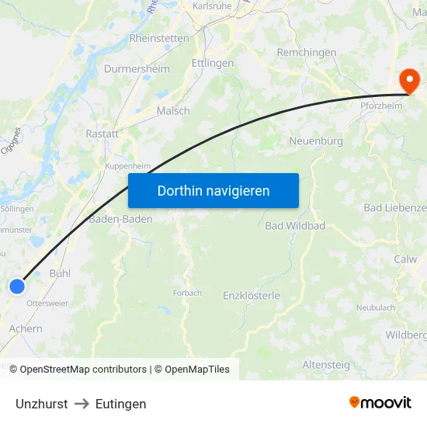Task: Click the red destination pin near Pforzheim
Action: (408, 80)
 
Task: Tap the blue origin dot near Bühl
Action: (17, 286)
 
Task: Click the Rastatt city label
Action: (102, 134)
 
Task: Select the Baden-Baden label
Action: (120, 219)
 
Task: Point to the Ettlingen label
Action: (212, 64)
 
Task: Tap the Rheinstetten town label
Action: (158, 37)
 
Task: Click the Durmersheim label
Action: (137, 68)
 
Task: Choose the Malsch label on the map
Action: (172, 111)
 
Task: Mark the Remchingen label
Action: (307, 53)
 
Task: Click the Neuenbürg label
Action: (315, 141)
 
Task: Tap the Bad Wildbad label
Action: (295, 226)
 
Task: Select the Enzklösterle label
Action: (251, 295)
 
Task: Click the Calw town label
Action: (405, 259)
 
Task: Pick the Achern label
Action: (26, 328)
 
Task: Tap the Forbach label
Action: (187, 293)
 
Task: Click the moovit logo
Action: (380, 402)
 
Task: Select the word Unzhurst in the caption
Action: (41, 404)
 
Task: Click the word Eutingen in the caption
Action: (120, 404)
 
